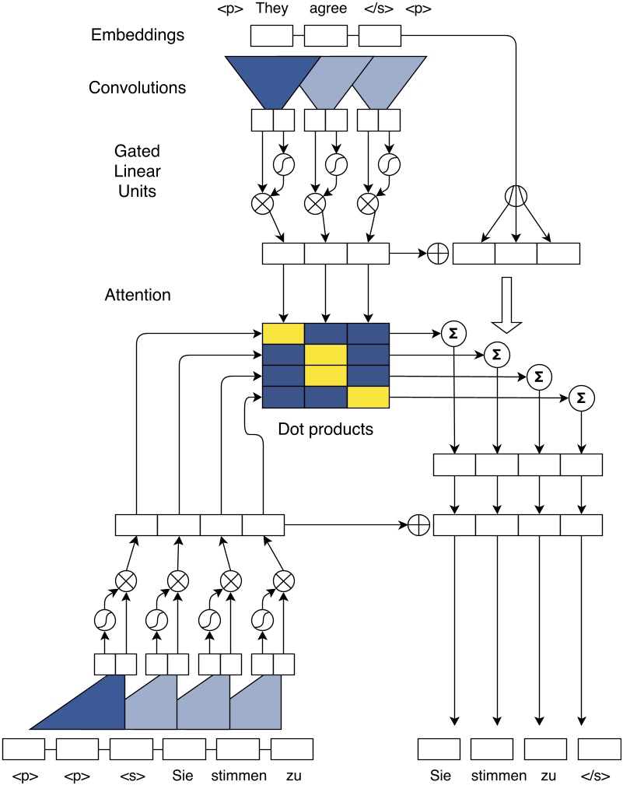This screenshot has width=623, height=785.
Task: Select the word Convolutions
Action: (137, 87)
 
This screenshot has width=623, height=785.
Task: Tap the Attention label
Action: (137, 296)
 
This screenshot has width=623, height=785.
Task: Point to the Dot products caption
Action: (325, 429)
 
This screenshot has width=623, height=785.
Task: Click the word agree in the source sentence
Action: (324, 10)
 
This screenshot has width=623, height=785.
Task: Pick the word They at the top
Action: (271, 10)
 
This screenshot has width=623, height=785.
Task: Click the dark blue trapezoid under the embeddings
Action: (272, 78)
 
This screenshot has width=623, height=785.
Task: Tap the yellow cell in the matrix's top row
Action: (283, 333)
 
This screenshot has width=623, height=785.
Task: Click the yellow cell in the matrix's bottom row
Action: (367, 398)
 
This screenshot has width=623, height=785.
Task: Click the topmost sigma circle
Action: (452, 334)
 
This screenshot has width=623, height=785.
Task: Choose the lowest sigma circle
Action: (579, 398)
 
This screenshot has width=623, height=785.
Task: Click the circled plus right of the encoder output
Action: (438, 254)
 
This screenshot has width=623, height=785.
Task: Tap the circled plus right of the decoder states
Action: (419, 525)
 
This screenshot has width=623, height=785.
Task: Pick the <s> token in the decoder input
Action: (131, 776)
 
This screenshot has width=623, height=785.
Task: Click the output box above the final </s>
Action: (600, 748)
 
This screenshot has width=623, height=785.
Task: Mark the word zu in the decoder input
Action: (292, 776)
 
